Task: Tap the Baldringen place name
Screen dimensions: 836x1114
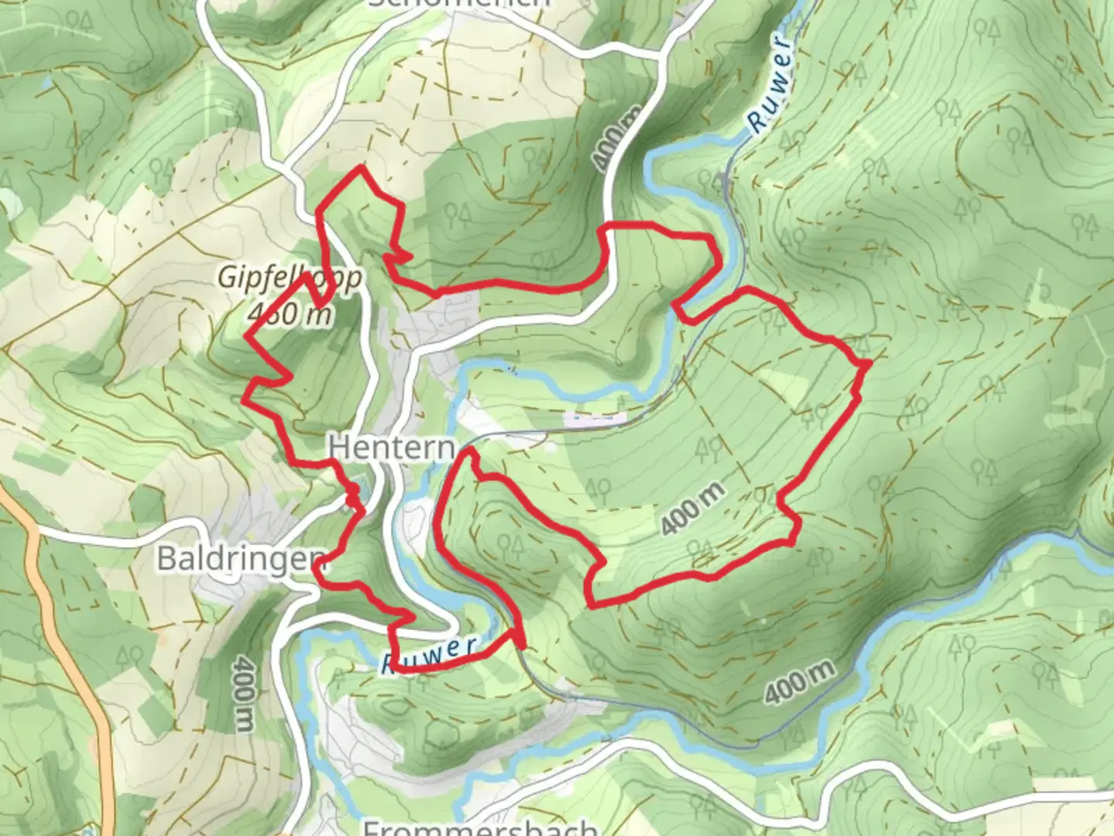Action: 241,557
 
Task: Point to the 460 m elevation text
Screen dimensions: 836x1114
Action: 291,313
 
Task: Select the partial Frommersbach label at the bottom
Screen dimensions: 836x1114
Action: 480,827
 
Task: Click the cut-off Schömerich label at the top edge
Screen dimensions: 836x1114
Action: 460,4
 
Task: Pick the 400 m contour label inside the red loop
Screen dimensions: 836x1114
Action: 694,508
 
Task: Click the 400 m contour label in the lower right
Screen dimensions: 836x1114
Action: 801,682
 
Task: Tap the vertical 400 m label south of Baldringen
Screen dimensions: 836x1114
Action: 244,694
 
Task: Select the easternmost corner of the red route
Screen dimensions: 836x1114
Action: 870,361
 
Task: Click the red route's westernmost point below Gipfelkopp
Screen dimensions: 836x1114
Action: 245,397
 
